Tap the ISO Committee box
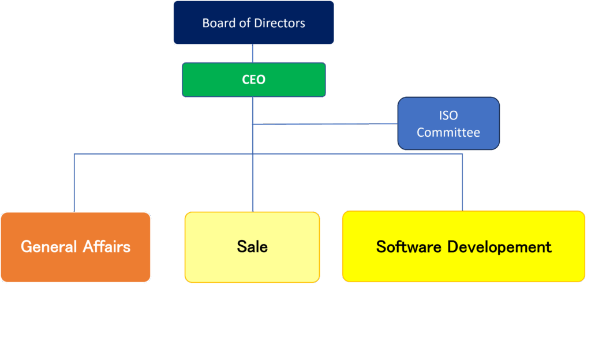448,123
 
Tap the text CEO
254,80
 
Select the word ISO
448,116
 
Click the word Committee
448,133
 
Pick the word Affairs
106,247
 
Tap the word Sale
252,247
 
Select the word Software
409,247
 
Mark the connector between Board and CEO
253,54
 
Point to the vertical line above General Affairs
74,182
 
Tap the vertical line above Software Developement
463,182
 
